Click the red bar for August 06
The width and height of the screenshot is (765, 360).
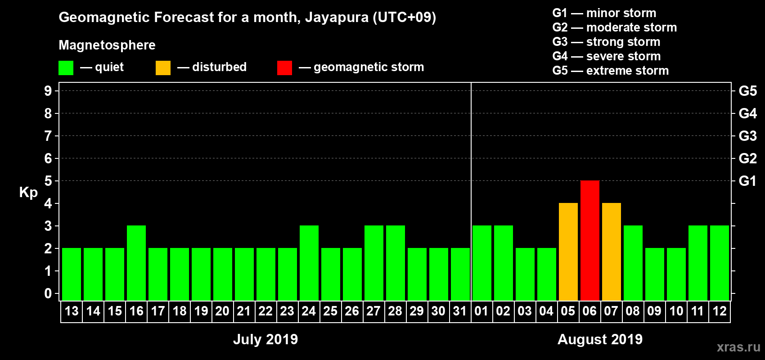[589, 240]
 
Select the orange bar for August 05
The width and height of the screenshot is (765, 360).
[568, 252]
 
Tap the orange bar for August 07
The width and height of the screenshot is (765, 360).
[611, 252]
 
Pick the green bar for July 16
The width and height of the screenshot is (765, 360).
[136, 263]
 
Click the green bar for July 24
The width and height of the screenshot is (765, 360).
[309, 263]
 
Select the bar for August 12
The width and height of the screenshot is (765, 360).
[719, 263]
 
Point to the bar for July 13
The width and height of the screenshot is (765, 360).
[72, 274]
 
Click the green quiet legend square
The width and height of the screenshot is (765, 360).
[66, 68]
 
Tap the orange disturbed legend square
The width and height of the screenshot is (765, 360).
[163, 68]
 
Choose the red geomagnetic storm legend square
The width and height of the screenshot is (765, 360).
[284, 68]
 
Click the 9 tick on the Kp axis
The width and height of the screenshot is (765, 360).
[48, 91]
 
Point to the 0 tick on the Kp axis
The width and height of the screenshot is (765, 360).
[48, 294]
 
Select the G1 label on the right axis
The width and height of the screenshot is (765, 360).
[747, 181]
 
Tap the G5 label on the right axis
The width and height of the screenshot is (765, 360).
[747, 91]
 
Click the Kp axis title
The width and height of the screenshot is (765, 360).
[28, 192]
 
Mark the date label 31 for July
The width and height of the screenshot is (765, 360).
[460, 311]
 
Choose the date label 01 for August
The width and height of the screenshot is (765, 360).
[481, 311]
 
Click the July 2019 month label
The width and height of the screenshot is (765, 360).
[265, 339]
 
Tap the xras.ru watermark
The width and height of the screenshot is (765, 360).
[738, 347]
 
